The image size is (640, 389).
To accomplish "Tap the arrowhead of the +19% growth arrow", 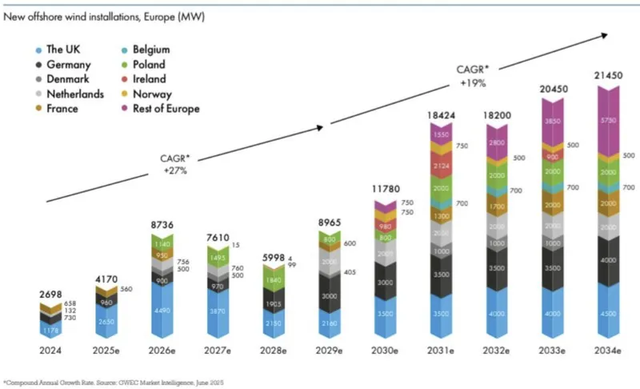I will (x=604, y=34).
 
